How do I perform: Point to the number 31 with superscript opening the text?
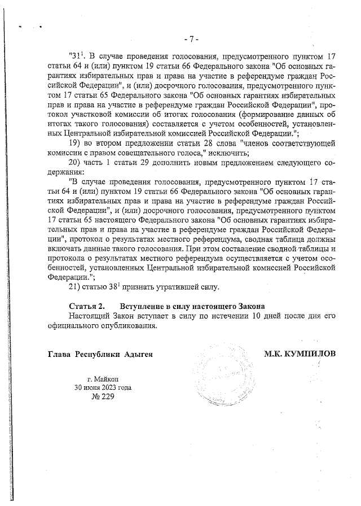click(x=76, y=56)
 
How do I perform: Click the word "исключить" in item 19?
click(x=225, y=154)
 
